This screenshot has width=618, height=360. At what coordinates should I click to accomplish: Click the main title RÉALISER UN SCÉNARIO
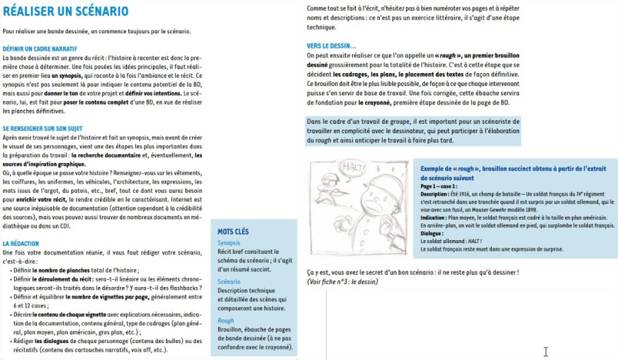(x=66, y=11)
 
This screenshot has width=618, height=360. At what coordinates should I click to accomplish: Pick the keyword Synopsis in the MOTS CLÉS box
(x=230, y=242)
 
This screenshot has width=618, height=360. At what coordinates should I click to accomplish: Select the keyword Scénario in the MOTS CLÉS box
(x=230, y=281)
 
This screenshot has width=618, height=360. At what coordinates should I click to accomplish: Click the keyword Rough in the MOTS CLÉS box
(x=225, y=320)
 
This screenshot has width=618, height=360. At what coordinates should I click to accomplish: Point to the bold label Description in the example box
(x=434, y=193)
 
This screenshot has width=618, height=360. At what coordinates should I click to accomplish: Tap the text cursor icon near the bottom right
(x=546, y=351)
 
